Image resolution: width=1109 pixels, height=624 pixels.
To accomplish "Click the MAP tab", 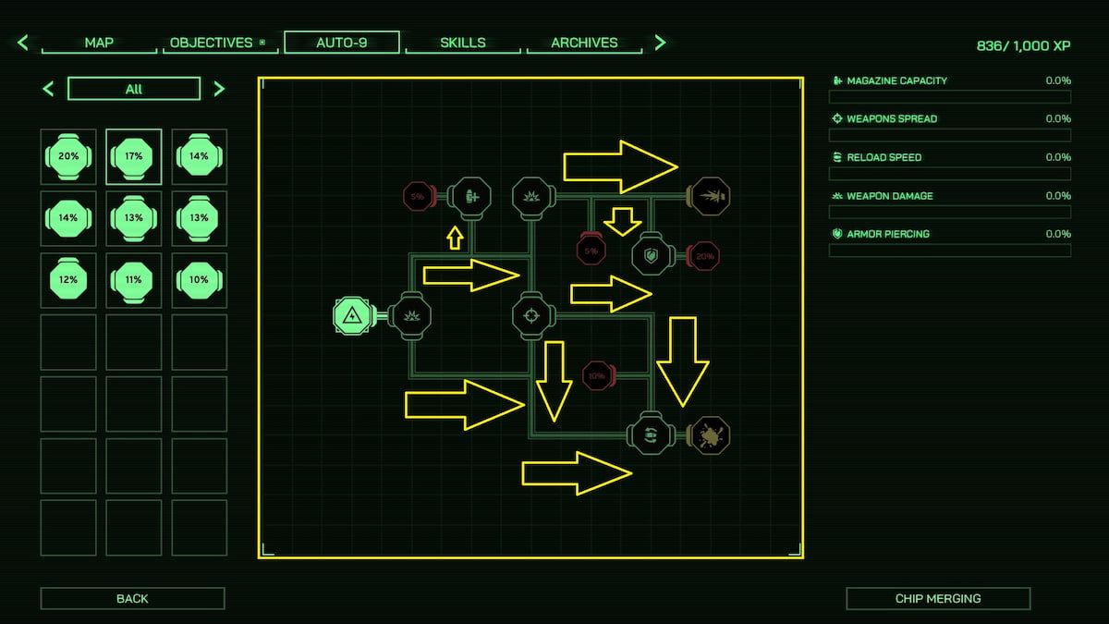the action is coord(99,43).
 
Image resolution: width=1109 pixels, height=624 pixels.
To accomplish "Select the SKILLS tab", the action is coord(463,43).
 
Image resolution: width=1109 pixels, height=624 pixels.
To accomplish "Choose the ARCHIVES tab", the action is coord(584,43).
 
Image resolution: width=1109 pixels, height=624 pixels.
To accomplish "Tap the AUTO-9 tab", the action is coord(342,43).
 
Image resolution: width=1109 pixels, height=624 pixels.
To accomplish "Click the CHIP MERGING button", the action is coord(938,598).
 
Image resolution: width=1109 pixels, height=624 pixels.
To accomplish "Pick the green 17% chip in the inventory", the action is coord(134,156).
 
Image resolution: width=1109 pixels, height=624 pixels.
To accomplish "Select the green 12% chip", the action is coord(68,280).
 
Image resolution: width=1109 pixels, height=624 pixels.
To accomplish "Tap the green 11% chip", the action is coord(134,280).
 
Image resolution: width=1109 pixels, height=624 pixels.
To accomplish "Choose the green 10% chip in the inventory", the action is coord(199,280).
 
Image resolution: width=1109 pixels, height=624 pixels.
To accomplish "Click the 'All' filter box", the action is coord(134,89).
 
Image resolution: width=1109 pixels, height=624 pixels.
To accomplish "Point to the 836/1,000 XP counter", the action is coord(1023,45).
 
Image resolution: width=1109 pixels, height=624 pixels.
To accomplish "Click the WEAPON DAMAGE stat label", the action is coord(890,196).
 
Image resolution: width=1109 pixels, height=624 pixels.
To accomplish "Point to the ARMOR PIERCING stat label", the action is coord(888,234).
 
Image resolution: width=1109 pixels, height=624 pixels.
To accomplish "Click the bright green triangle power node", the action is coord(352,315).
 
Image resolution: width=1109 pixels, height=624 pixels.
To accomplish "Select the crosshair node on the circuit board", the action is coord(531,316).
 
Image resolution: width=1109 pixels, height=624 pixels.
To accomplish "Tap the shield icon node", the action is coord(651,255).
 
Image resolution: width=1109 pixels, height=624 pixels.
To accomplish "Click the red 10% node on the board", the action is coord(598,376).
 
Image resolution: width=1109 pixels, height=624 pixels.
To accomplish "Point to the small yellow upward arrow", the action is coord(455,238).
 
